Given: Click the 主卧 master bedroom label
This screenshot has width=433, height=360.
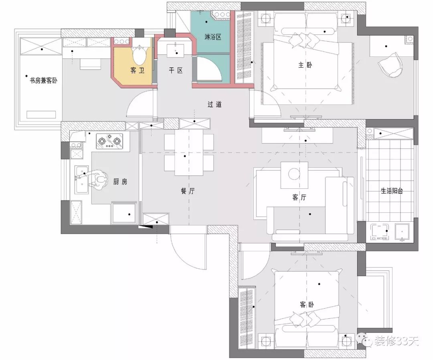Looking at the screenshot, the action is pyautogui.click(x=305, y=65).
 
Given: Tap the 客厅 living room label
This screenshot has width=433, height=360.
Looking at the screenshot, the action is pyautogui.click(x=299, y=197).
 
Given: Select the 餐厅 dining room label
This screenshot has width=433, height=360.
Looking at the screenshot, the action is pyautogui.click(x=188, y=191).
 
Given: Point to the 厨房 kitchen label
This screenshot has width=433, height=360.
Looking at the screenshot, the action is pyautogui.click(x=120, y=182).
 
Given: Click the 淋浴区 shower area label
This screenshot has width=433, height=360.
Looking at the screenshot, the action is pyautogui.click(x=213, y=37).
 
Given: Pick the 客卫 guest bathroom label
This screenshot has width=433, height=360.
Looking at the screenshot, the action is pyautogui.click(x=138, y=71).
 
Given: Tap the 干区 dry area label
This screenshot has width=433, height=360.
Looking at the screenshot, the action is pyautogui.click(x=176, y=71).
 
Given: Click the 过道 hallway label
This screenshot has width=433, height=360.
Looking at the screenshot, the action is pyautogui.click(x=214, y=104).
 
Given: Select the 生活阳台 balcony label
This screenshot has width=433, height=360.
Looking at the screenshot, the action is pyautogui.click(x=392, y=191).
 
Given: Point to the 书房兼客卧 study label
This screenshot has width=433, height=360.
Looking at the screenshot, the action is pyautogui.click(x=44, y=81).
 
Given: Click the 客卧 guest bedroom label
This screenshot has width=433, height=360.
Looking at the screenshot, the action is pyautogui.click(x=307, y=305).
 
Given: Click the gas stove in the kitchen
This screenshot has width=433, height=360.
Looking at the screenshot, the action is pyautogui.click(x=109, y=142).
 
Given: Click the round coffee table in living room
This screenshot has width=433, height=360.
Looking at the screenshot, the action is pyautogui.click(x=294, y=174).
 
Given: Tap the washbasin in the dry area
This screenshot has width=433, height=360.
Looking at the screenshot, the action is pyautogui.click(x=176, y=51).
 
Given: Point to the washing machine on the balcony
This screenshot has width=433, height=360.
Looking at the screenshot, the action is pyautogui.click(x=380, y=231).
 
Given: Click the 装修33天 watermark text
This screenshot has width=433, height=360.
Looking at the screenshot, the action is pyautogui.click(x=396, y=341).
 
